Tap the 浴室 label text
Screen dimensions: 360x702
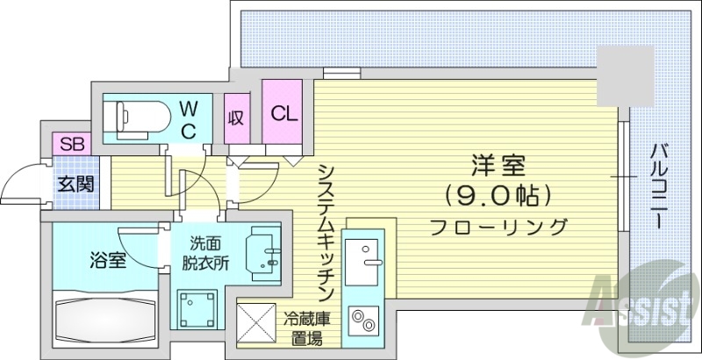point(107,261)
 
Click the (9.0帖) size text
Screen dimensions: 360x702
point(497,193)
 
